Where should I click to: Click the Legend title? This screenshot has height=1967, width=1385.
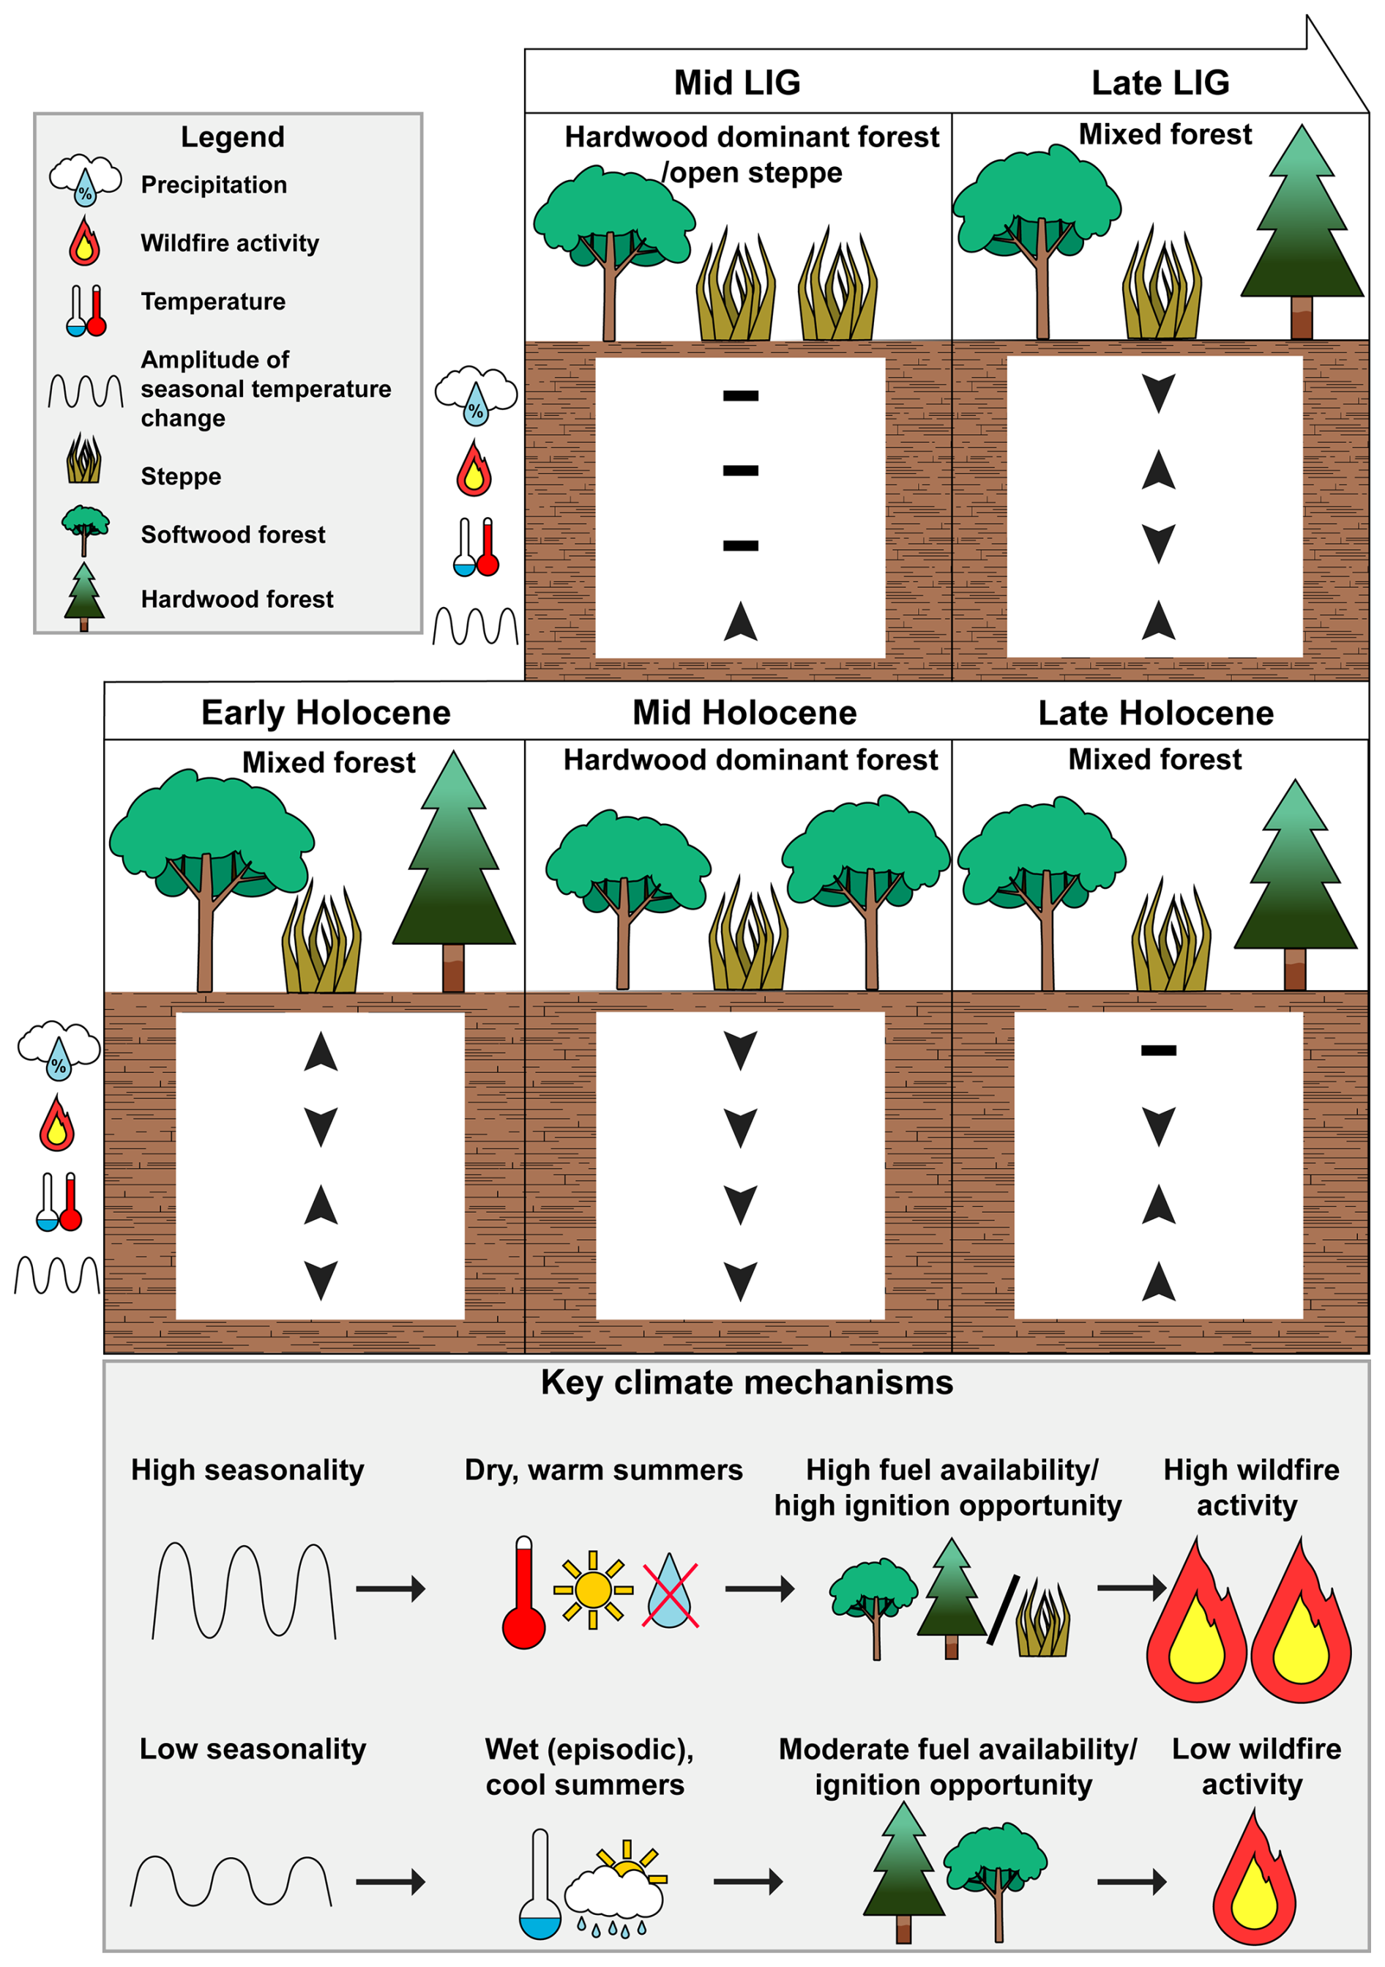click(232, 137)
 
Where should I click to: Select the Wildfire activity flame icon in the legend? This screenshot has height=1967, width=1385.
click(85, 242)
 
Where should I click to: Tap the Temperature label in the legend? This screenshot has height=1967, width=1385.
click(213, 302)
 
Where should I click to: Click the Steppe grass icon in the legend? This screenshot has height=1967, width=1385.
click(84, 459)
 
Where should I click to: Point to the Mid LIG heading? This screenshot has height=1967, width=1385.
click(736, 83)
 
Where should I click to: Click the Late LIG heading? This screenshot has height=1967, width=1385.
click(1160, 83)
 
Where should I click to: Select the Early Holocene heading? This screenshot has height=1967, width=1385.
click(326, 713)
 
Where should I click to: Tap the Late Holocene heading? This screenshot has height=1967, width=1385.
click(1155, 713)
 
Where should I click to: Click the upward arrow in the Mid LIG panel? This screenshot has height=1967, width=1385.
click(740, 621)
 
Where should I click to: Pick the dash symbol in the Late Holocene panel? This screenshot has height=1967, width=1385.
click(1158, 1050)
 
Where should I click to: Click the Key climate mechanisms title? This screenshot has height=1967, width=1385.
click(747, 1383)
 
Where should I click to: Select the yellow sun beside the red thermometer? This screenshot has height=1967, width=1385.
click(593, 1590)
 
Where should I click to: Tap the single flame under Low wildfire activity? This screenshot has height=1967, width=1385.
click(1253, 1881)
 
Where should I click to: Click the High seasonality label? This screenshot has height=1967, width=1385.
click(247, 1470)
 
